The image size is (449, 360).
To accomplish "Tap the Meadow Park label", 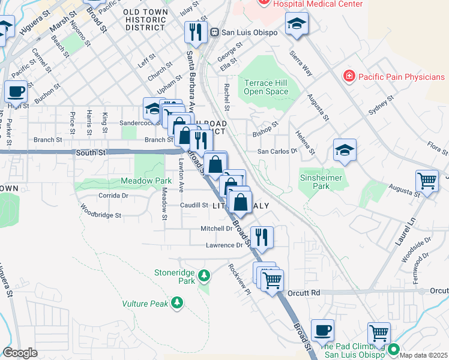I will [x=146, y=180].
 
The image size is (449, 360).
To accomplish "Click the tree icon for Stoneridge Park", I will [x=205, y=275].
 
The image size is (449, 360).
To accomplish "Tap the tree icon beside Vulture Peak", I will [x=176, y=303].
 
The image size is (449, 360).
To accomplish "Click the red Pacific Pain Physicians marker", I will [x=348, y=76].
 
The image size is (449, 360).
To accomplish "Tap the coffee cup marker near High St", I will [x=16, y=91].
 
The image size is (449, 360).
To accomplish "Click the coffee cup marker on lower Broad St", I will [x=323, y=330].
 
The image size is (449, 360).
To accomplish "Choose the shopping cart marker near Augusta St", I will [x=427, y=180].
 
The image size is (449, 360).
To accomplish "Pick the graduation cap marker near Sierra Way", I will [x=296, y=23].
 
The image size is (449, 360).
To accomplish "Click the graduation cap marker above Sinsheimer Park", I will [x=345, y=150].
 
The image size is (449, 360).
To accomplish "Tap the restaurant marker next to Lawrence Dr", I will [x=262, y=236].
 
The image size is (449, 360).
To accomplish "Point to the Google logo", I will [x=20, y=352].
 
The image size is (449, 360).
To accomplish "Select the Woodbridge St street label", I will [x=101, y=211].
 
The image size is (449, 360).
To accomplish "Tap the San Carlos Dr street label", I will [x=277, y=152].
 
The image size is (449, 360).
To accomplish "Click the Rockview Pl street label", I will [x=239, y=279].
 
